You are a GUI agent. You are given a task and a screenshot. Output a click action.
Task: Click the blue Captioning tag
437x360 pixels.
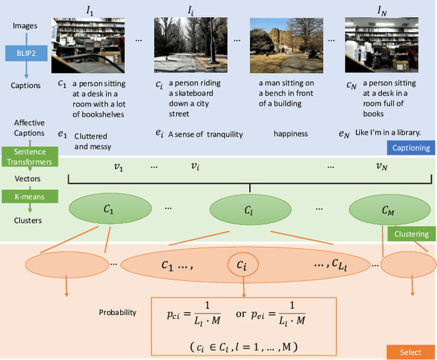[410, 147]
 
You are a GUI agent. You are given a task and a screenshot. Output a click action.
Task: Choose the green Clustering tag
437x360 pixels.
[411, 234]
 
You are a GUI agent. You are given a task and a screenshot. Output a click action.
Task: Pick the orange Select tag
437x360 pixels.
[410, 352]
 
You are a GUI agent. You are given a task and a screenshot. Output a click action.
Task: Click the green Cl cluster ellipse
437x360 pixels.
[249, 210]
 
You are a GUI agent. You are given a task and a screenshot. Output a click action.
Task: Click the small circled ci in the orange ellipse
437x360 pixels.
[242, 264]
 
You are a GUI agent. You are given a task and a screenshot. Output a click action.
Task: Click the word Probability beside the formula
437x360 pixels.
[117, 312]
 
